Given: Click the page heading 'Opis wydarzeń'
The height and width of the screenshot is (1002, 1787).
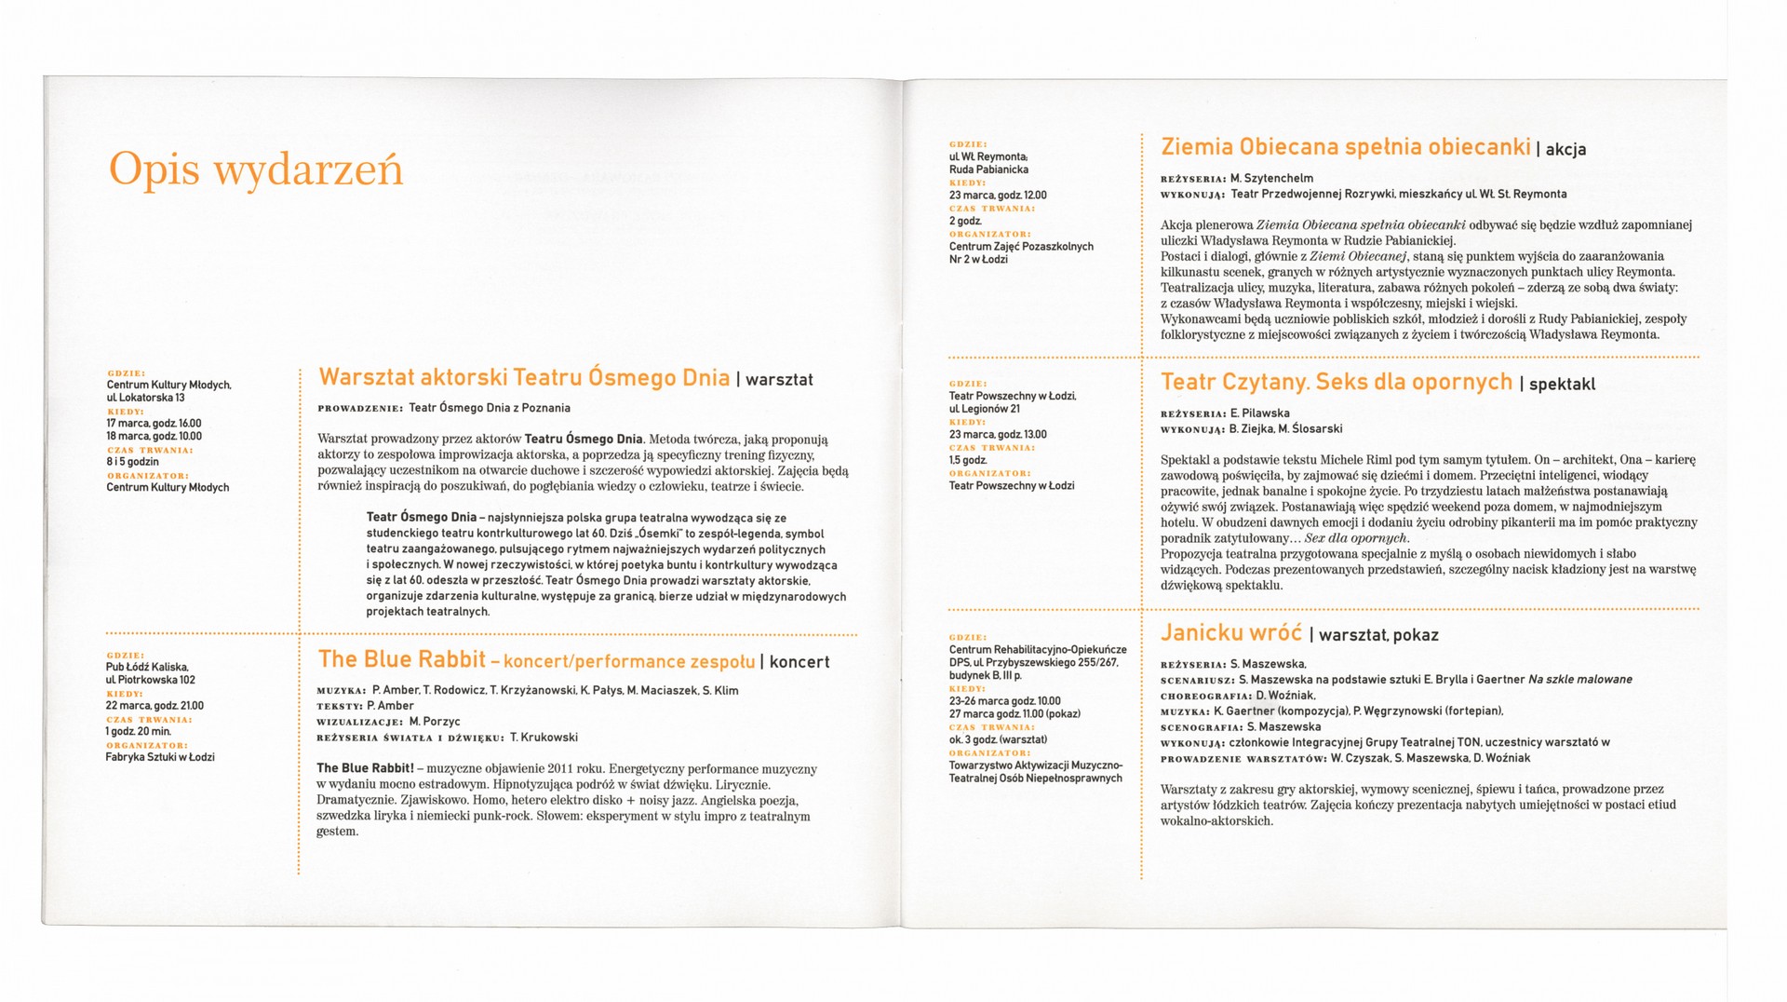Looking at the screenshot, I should pyautogui.click(x=256, y=170).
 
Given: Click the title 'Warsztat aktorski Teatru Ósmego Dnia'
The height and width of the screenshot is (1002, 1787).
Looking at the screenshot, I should pyautogui.click(x=524, y=377).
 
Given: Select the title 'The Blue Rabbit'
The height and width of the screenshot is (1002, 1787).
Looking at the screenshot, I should pyautogui.click(x=401, y=659).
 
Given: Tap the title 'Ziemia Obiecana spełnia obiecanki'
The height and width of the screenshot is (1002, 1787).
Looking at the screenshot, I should pyautogui.click(x=1345, y=147).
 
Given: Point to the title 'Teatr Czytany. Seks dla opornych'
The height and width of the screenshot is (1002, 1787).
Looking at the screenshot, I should pyautogui.click(x=1336, y=382).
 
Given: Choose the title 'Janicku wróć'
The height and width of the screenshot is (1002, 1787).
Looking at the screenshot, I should pyautogui.click(x=1230, y=633).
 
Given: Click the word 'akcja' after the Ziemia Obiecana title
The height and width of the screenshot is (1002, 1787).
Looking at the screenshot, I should pyautogui.click(x=1565, y=149).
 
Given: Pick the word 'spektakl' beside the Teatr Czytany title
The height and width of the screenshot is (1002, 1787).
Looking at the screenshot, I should pyautogui.click(x=1562, y=384).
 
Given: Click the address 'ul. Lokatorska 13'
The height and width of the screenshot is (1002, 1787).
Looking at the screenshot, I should pyautogui.click(x=145, y=398).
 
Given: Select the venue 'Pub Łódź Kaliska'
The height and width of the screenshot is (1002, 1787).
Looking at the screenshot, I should pyautogui.click(x=147, y=667).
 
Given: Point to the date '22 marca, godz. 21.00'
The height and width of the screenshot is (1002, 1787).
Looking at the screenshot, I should pyautogui.click(x=155, y=706).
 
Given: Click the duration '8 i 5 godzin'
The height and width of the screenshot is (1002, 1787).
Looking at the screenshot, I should pyautogui.click(x=132, y=462).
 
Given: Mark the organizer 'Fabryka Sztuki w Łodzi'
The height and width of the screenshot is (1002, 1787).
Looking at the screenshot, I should pyautogui.click(x=159, y=757).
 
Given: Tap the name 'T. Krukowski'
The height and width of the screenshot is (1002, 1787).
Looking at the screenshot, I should pyautogui.click(x=544, y=738).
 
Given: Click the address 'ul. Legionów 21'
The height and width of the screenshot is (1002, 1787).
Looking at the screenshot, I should pyautogui.click(x=984, y=409).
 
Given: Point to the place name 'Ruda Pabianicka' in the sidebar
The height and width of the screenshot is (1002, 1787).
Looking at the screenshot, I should pyautogui.click(x=988, y=170).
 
